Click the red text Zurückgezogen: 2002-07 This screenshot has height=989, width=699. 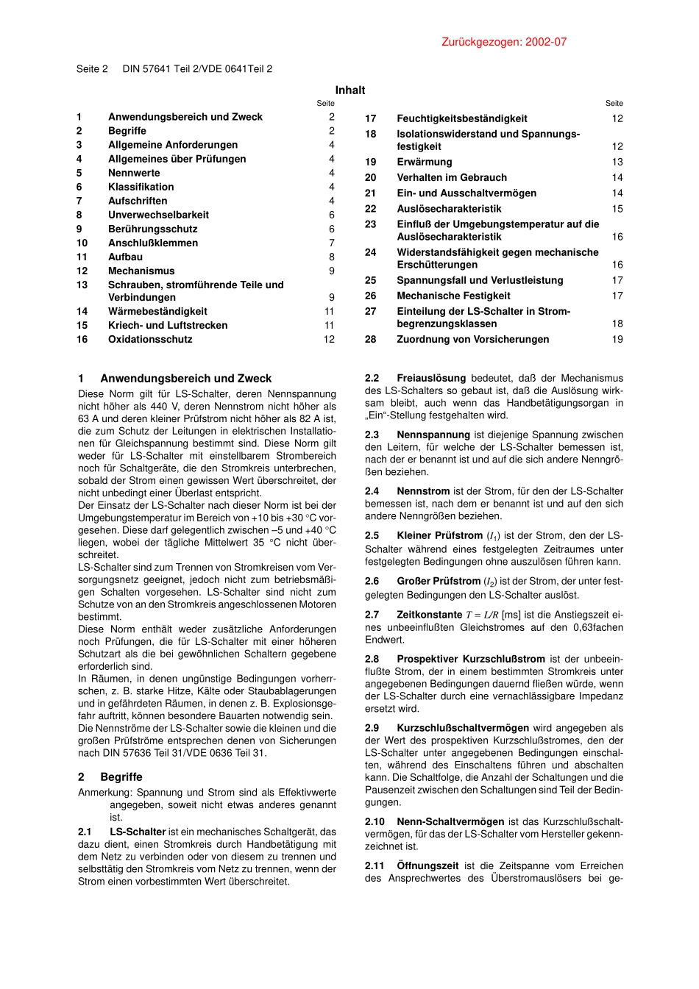click(504, 42)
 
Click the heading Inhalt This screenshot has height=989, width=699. click(350, 90)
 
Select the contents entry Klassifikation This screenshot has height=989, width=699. click(141, 187)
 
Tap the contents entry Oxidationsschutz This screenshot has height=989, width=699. click(150, 339)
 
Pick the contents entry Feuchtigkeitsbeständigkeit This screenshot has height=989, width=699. click(461, 118)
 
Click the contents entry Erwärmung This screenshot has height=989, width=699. click(425, 162)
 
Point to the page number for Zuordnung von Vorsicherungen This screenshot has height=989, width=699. click(617, 339)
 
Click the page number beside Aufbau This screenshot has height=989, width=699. click(332, 257)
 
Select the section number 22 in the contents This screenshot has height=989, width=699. click(371, 209)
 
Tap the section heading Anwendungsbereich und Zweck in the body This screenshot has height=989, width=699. click(185, 378)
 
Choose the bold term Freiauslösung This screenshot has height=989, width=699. click(431, 378)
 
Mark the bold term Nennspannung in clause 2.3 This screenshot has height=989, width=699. click(433, 435)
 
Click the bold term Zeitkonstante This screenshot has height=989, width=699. click(429, 615)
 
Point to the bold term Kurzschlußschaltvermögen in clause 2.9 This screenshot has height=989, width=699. click(463, 728)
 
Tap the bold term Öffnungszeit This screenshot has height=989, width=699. click(427, 865)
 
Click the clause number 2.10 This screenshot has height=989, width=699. click(375, 821)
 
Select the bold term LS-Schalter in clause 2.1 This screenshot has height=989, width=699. click(138, 832)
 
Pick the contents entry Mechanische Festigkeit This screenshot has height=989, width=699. click(453, 296)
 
